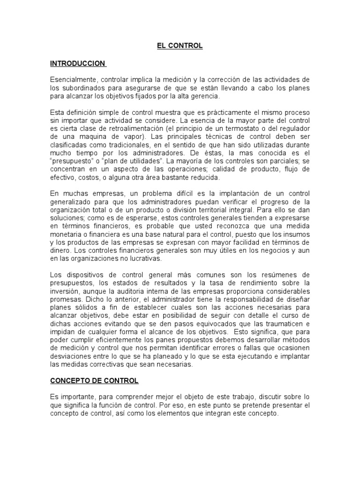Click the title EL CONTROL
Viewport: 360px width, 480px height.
tap(180, 46)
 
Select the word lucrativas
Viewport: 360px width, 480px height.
tap(144, 258)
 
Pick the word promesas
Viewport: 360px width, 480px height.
tap(64, 299)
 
